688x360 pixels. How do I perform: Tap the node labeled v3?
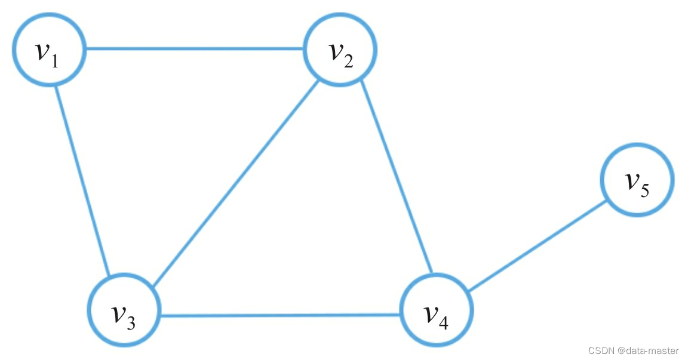(x=124, y=310)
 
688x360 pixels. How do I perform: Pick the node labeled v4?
(x=436, y=310)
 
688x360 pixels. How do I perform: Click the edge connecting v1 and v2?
(x=195, y=49)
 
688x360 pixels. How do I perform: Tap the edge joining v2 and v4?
(x=397, y=179)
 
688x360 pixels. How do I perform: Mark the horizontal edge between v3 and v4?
(x=281, y=315)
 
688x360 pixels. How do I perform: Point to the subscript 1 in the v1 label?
(x=55, y=61)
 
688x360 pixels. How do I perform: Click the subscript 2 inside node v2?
(x=348, y=61)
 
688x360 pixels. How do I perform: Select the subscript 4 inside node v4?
(x=443, y=323)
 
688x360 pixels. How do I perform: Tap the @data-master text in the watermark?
(x=648, y=351)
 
